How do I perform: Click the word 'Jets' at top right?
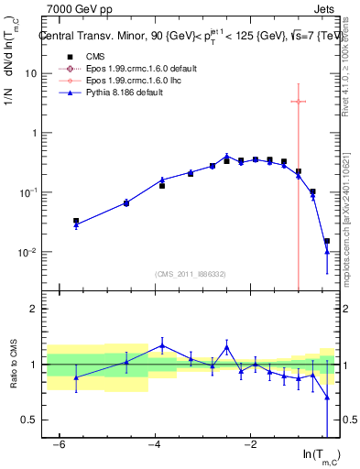pyautogui.click(x=322, y=8)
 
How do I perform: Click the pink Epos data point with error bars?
pyautogui.click(x=298, y=101)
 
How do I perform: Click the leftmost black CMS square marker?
pyautogui.click(x=76, y=221)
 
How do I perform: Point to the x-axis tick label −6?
pyautogui.click(x=60, y=444)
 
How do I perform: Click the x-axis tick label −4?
pyautogui.click(x=155, y=444)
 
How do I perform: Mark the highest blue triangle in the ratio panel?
pyautogui.click(x=162, y=345)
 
